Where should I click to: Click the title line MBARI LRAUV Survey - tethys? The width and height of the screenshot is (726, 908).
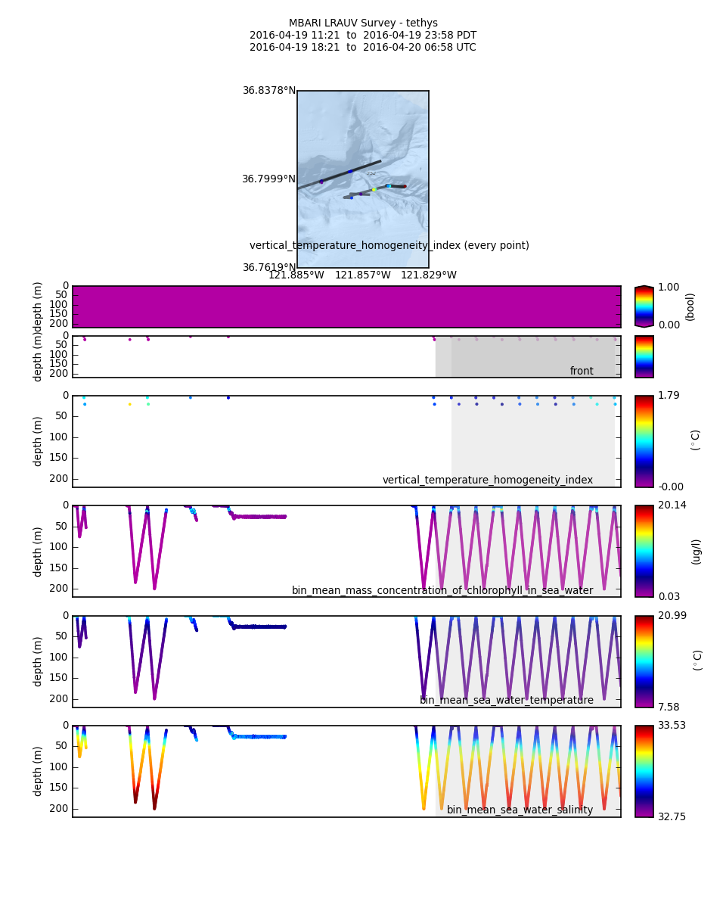point(363,23)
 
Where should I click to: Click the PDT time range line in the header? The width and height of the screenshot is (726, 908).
point(363,36)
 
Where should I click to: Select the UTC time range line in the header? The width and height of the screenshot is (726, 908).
point(363,48)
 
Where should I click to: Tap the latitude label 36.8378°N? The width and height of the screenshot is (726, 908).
point(269,91)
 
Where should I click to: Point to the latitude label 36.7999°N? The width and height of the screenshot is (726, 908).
point(269,179)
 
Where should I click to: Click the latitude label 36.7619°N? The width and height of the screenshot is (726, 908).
point(269,268)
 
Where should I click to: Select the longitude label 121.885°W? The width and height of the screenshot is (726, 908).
point(296,275)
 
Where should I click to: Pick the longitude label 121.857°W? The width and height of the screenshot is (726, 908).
point(363,275)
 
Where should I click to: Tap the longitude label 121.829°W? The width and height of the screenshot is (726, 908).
point(429,275)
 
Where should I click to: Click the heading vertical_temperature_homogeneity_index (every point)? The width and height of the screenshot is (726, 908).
point(389,246)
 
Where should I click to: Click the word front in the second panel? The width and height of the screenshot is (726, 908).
point(582,372)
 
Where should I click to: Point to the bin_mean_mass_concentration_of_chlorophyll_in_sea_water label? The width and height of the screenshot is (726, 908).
point(442,591)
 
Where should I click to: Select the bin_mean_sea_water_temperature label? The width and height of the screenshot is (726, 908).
point(507,701)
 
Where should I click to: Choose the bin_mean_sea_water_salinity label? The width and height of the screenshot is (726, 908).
point(520,810)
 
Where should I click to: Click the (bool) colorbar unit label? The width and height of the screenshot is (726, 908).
point(690,306)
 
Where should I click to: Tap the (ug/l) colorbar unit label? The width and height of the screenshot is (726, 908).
point(697,551)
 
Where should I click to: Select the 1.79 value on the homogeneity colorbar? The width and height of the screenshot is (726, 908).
point(669,396)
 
